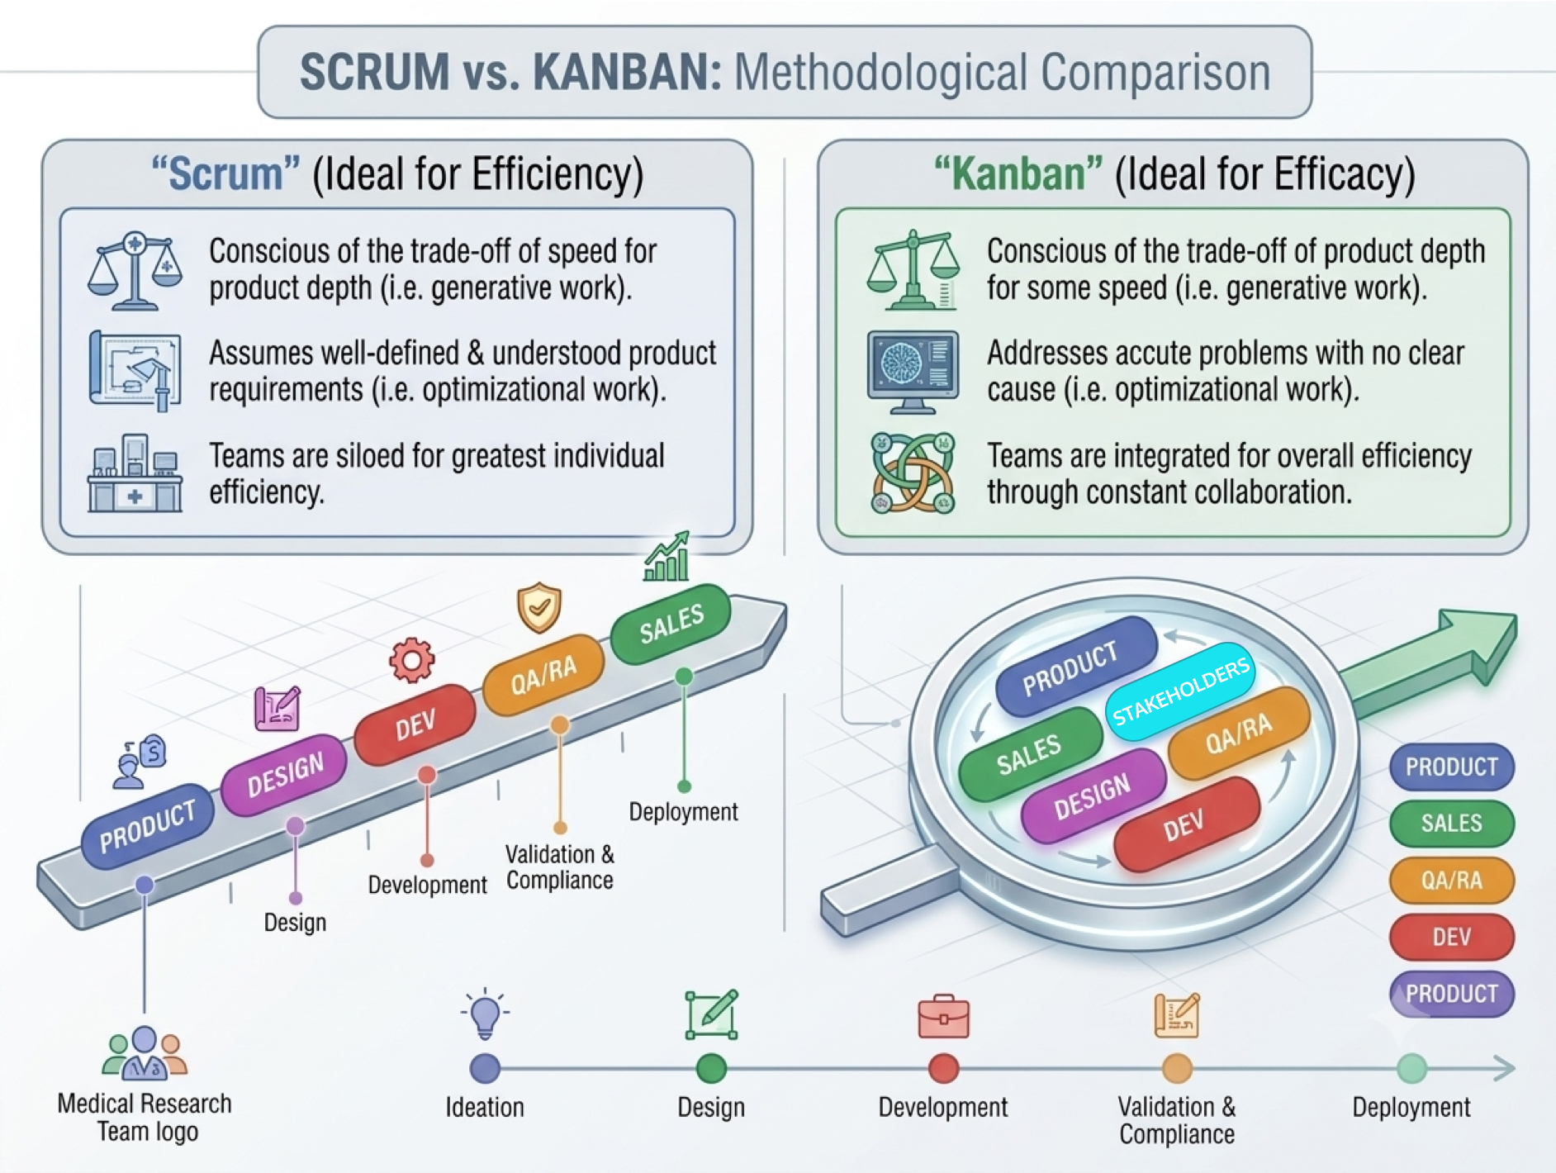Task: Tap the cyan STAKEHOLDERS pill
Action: pos(1181,692)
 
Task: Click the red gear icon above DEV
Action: pos(411,660)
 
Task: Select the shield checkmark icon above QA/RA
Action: pos(539,607)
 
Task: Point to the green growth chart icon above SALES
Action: pos(667,556)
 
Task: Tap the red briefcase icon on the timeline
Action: pos(943,1016)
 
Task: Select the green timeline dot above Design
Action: pos(711,1068)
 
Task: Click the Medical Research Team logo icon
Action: pos(145,1053)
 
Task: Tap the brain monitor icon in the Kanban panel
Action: pos(913,372)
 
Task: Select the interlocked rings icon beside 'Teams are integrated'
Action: pos(913,473)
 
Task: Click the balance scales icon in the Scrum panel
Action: pos(135,271)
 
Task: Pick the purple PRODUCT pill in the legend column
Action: pos(1452,994)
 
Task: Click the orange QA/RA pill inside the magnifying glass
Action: pos(1239,734)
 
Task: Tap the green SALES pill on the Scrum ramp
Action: pos(671,624)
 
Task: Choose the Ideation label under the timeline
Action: pos(485,1107)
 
